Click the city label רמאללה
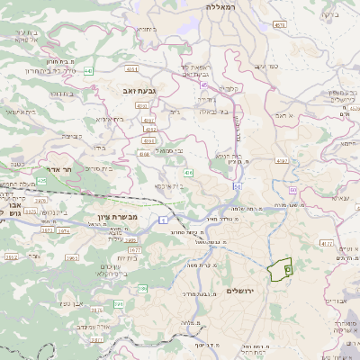point(220,7)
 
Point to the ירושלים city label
point(242,291)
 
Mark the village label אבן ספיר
point(71,303)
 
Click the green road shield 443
point(88,70)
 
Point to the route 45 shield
point(204,85)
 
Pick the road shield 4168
point(143,154)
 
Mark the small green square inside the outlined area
point(287,268)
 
